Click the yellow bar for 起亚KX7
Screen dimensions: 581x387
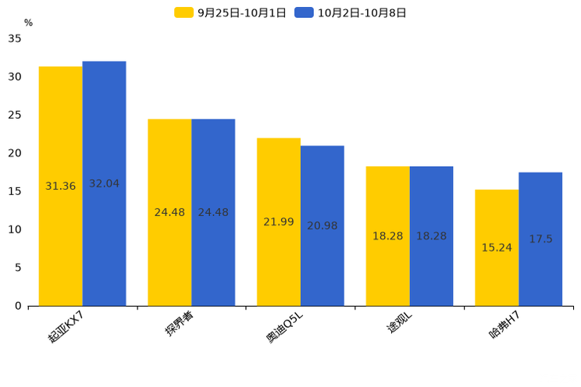tap(61, 186)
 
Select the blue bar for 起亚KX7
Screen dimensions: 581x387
tap(105, 183)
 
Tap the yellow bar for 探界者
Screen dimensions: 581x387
tap(169, 212)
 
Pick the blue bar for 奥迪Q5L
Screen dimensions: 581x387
tap(323, 226)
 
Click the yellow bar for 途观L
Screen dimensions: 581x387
tap(388, 236)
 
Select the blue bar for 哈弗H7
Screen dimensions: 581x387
tap(540, 240)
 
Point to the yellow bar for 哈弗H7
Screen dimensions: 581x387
tap(497, 248)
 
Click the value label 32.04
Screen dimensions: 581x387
tap(104, 183)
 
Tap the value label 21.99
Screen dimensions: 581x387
tap(279, 222)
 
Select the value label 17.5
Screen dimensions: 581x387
tap(540, 239)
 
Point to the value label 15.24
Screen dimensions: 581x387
tap(497, 247)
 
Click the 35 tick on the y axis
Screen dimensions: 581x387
tap(15, 38)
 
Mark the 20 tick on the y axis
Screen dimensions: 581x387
tap(15, 153)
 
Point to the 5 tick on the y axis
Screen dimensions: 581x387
tap(18, 268)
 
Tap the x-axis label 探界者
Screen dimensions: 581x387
tap(180, 323)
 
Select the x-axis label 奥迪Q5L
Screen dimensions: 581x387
tap(284, 327)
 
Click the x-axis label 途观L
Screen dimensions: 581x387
tap(399, 321)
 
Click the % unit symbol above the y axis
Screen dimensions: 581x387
tap(29, 23)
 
